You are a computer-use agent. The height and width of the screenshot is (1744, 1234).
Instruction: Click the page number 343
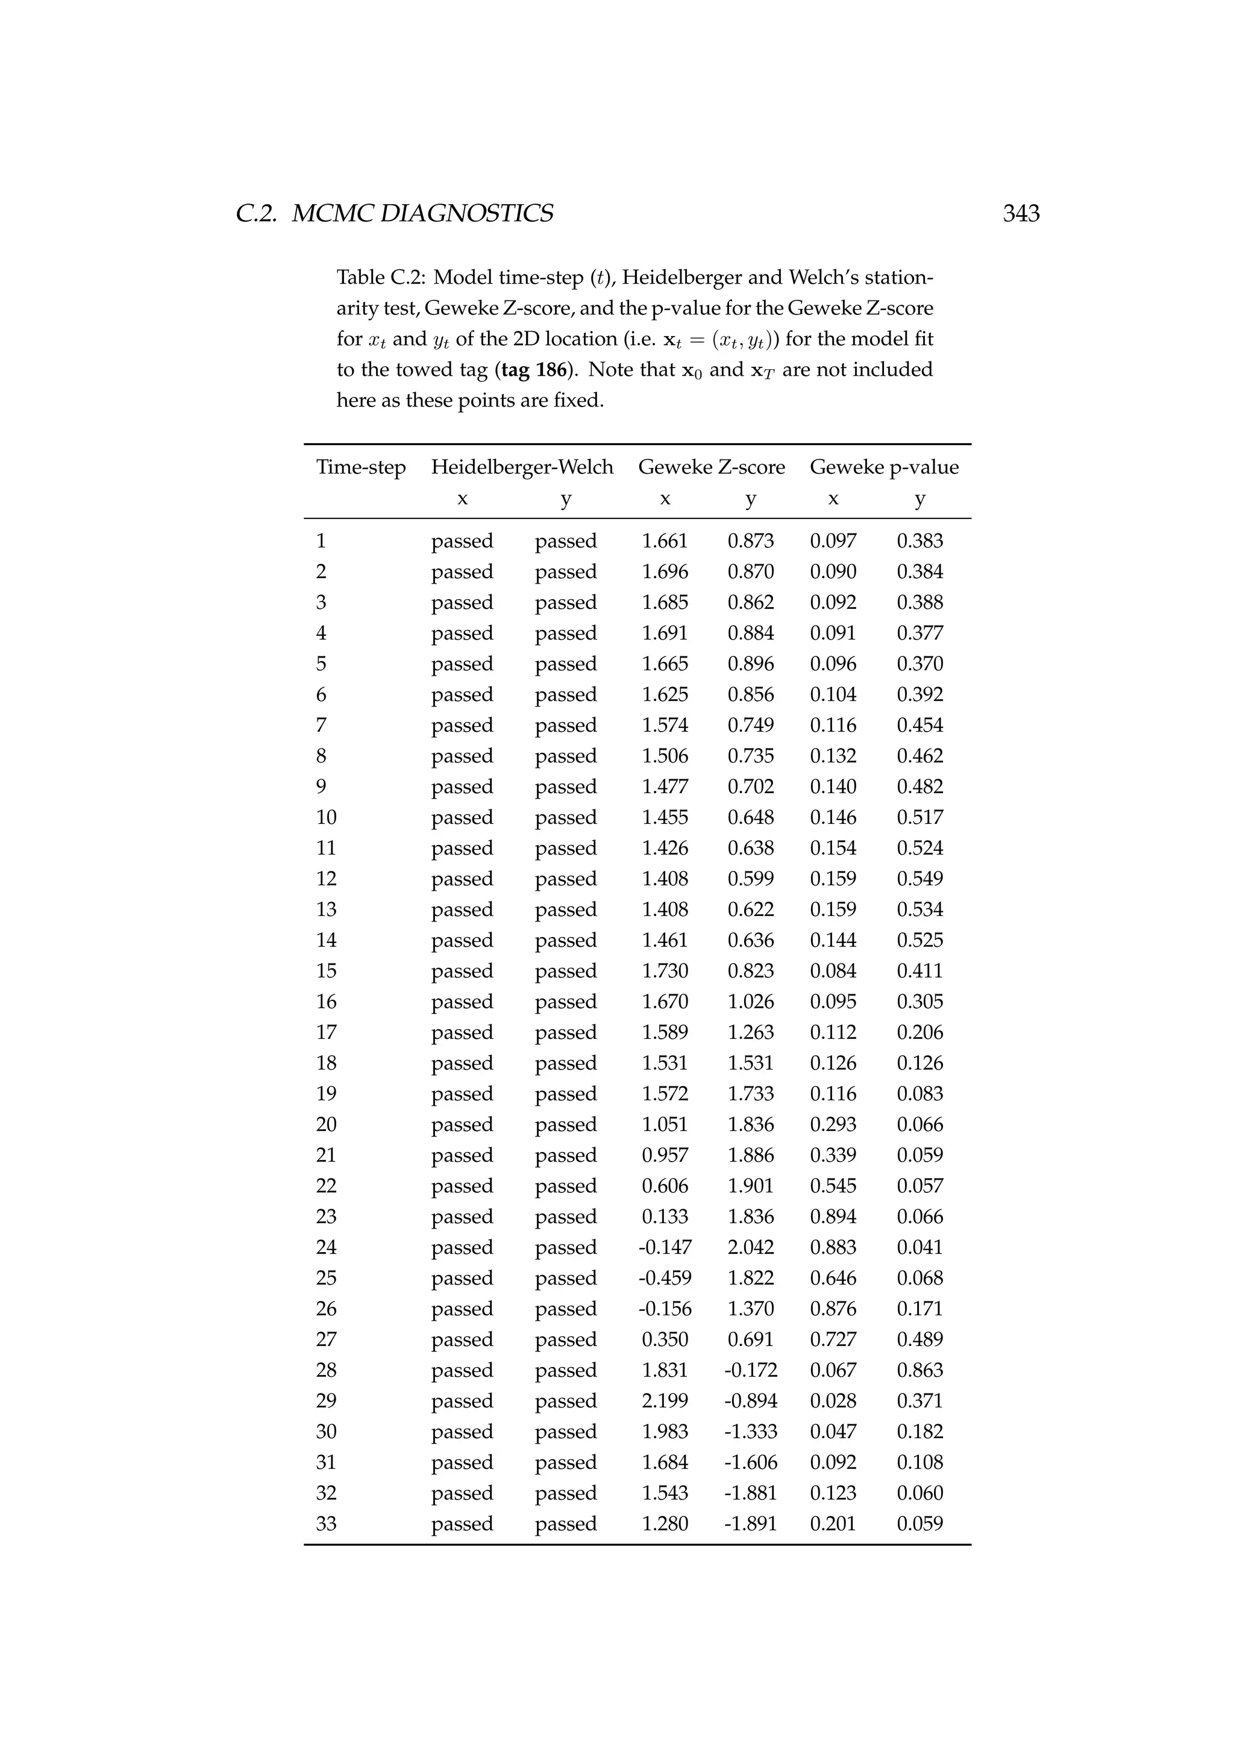point(1021,213)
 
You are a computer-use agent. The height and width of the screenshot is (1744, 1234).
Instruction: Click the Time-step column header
point(361,467)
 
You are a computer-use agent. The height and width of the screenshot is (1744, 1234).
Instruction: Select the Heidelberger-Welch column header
point(522,467)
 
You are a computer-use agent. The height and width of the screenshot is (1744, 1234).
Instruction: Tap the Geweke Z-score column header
point(711,467)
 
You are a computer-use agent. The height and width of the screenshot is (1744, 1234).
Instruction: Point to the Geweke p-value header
point(884,467)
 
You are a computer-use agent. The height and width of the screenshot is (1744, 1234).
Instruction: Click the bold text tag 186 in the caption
point(534,370)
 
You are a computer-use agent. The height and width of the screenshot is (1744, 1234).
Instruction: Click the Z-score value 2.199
point(665,1401)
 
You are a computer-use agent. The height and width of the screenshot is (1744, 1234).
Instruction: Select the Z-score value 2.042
point(751,1247)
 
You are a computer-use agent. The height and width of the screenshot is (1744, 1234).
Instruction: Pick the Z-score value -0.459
point(665,1278)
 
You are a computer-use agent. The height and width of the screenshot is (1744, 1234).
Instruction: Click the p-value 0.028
point(833,1401)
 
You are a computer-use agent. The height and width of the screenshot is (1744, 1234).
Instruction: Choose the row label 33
point(326,1523)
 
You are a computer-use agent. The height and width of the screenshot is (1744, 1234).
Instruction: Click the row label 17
point(326,1032)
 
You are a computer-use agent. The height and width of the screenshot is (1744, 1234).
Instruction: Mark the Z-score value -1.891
point(750,1523)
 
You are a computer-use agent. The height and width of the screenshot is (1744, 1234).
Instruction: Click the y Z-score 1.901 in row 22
point(751,1186)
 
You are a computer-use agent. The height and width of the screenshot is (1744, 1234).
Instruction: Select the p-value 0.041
point(919,1247)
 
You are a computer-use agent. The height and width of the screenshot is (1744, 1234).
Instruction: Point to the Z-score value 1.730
point(665,971)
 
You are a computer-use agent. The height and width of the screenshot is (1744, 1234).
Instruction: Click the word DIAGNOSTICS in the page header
point(466,213)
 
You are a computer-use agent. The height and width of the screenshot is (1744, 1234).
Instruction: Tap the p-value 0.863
point(919,1369)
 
